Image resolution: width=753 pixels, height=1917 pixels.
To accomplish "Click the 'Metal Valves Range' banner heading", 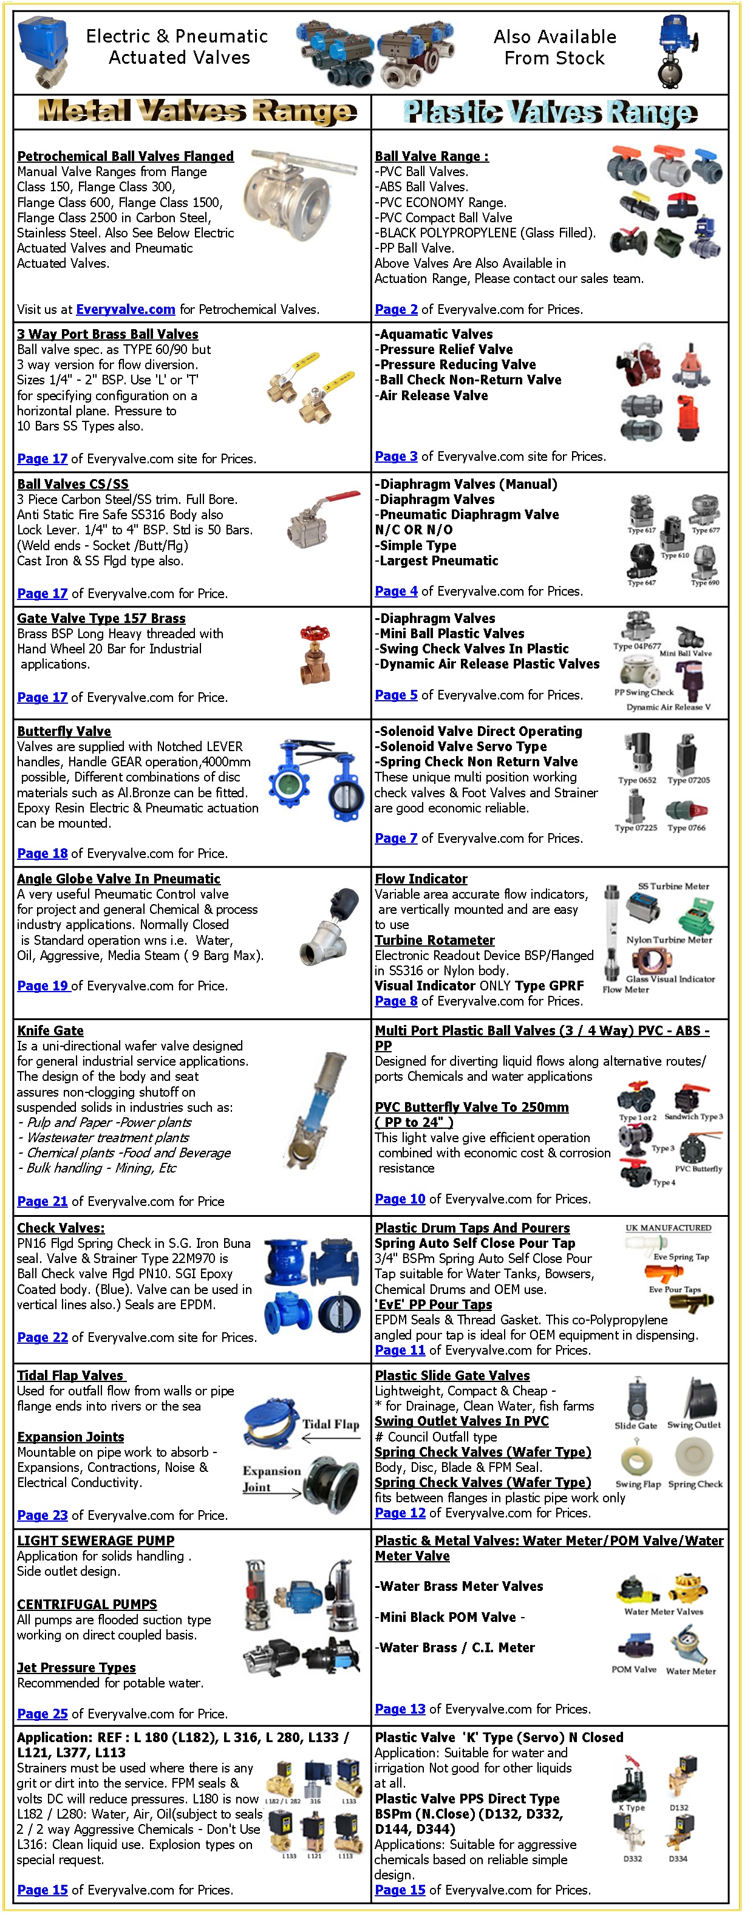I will click(x=197, y=112).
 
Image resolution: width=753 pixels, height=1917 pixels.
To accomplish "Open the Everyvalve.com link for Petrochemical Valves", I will click(x=125, y=309).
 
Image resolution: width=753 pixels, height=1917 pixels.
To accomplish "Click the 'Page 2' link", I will click(x=396, y=309).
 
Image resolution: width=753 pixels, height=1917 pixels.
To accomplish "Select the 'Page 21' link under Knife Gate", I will click(x=42, y=1200).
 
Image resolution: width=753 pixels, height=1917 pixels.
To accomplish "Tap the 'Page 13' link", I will click(x=400, y=1708).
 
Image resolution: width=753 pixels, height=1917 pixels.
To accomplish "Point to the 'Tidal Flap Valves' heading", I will click(x=70, y=1375).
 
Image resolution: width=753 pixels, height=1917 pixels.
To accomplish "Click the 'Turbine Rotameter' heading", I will click(x=435, y=940).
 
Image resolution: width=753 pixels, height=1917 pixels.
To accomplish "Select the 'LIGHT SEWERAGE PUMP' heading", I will click(x=95, y=1540).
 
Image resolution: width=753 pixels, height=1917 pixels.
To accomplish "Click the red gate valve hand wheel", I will click(x=313, y=633).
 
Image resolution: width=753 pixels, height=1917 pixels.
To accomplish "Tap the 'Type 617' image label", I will click(x=641, y=531).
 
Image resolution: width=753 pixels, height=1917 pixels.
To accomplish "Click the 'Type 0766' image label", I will click(x=686, y=828).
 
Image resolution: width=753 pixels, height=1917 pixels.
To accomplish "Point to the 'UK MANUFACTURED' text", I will click(x=667, y=1227).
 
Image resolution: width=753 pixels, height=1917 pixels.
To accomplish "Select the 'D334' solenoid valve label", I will click(x=677, y=1858).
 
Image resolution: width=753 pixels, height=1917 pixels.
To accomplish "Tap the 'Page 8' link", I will click(x=396, y=1001).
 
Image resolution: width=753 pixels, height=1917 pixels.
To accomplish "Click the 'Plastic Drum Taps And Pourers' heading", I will click(x=472, y=1227).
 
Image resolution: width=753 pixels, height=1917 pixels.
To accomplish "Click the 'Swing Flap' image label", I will click(x=638, y=1483).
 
